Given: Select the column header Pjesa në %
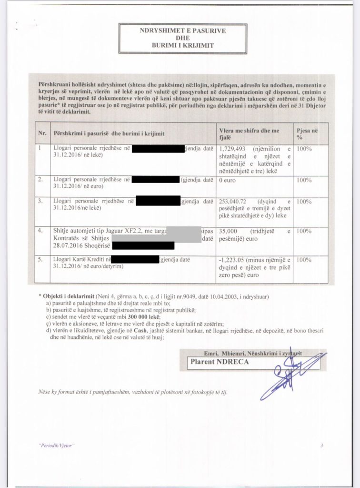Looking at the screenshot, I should click(307, 133).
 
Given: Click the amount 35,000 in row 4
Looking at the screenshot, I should click(230, 231).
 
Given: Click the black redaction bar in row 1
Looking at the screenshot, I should click(158, 149).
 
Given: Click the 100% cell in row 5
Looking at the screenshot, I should click(304, 260).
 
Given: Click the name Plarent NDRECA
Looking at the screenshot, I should click(215, 361).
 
